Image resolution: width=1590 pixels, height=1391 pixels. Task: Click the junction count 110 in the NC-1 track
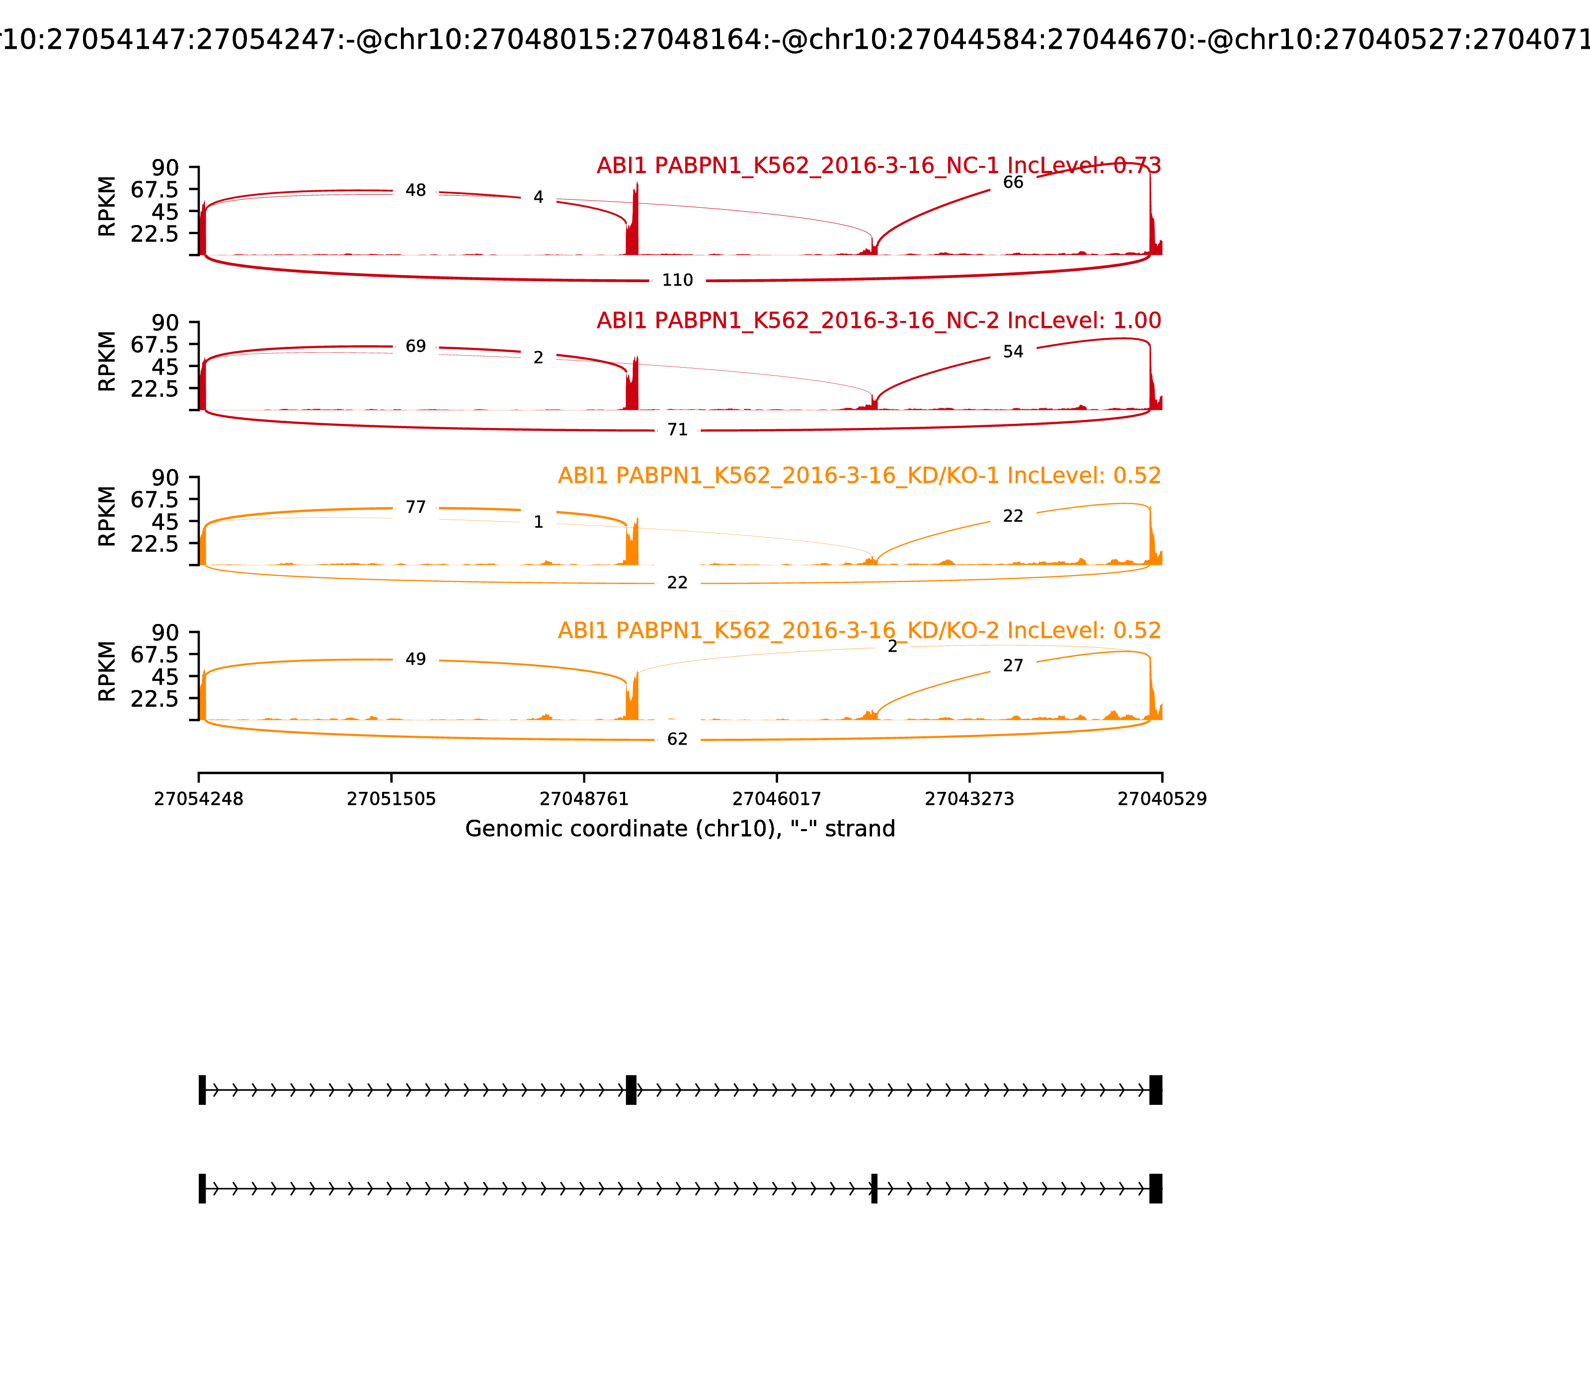coord(677,280)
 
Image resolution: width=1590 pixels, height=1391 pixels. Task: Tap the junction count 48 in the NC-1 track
coord(415,190)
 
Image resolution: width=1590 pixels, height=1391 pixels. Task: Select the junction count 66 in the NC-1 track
coord(1013,182)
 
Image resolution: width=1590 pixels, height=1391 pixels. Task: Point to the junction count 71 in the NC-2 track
coord(677,430)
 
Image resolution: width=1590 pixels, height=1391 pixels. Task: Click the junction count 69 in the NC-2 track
coord(415,346)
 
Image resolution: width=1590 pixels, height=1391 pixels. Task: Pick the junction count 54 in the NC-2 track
coord(1013,352)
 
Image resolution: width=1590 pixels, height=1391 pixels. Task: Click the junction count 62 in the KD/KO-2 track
coord(677,739)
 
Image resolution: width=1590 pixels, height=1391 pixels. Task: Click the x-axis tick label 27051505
coord(392,799)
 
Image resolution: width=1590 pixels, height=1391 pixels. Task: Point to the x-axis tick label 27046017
coord(776,799)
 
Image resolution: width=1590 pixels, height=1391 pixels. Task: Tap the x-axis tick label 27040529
coord(1162,799)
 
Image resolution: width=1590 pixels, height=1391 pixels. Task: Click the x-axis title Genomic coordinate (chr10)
coord(680,829)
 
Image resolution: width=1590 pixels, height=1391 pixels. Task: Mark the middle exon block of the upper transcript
coord(631,1090)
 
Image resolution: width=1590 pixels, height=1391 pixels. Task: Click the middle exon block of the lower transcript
coord(874,1188)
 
